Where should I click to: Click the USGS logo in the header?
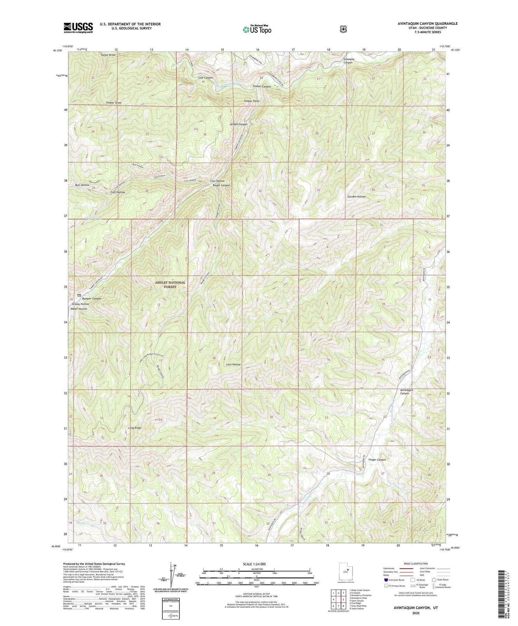tap(78, 28)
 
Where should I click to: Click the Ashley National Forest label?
tap(170, 285)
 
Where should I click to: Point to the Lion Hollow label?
tap(233, 365)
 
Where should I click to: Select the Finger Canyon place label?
tap(377, 460)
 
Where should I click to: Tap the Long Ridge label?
tap(135, 428)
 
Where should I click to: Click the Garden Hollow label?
tap(356, 196)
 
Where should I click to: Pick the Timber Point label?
tap(251, 101)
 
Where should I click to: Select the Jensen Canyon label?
tap(238, 124)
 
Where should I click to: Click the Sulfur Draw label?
tap(108, 55)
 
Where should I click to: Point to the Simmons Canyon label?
tap(348, 61)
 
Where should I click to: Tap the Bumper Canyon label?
tap(92, 298)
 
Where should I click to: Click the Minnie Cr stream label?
tap(83, 523)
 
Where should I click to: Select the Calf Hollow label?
tap(117, 192)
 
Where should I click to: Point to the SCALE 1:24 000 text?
tap(256, 564)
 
